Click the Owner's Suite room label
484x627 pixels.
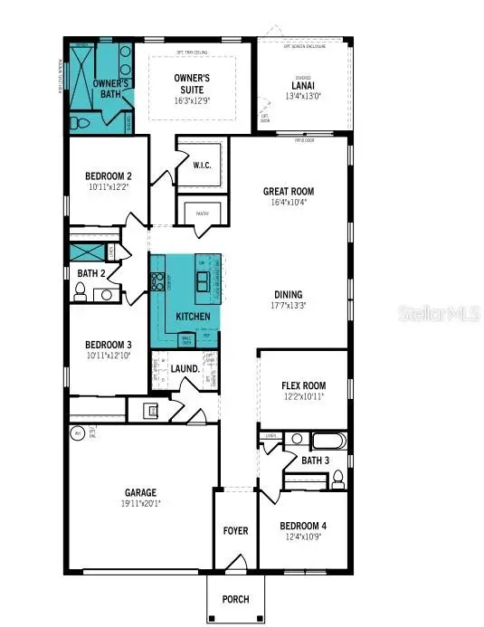coord(192,84)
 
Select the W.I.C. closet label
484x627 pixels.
coord(203,165)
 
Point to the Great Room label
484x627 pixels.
coord(288,191)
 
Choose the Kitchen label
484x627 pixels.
coord(193,316)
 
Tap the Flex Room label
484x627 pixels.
coord(303,385)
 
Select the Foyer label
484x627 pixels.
coord(236,531)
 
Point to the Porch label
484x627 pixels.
coord(236,598)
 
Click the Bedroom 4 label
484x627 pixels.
coord(302,526)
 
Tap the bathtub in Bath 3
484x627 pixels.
coord(328,442)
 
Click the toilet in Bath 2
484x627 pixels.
coord(80,291)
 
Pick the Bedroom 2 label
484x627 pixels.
coord(109,176)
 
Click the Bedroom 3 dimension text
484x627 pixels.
coord(109,355)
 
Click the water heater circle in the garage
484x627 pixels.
coord(76,433)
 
